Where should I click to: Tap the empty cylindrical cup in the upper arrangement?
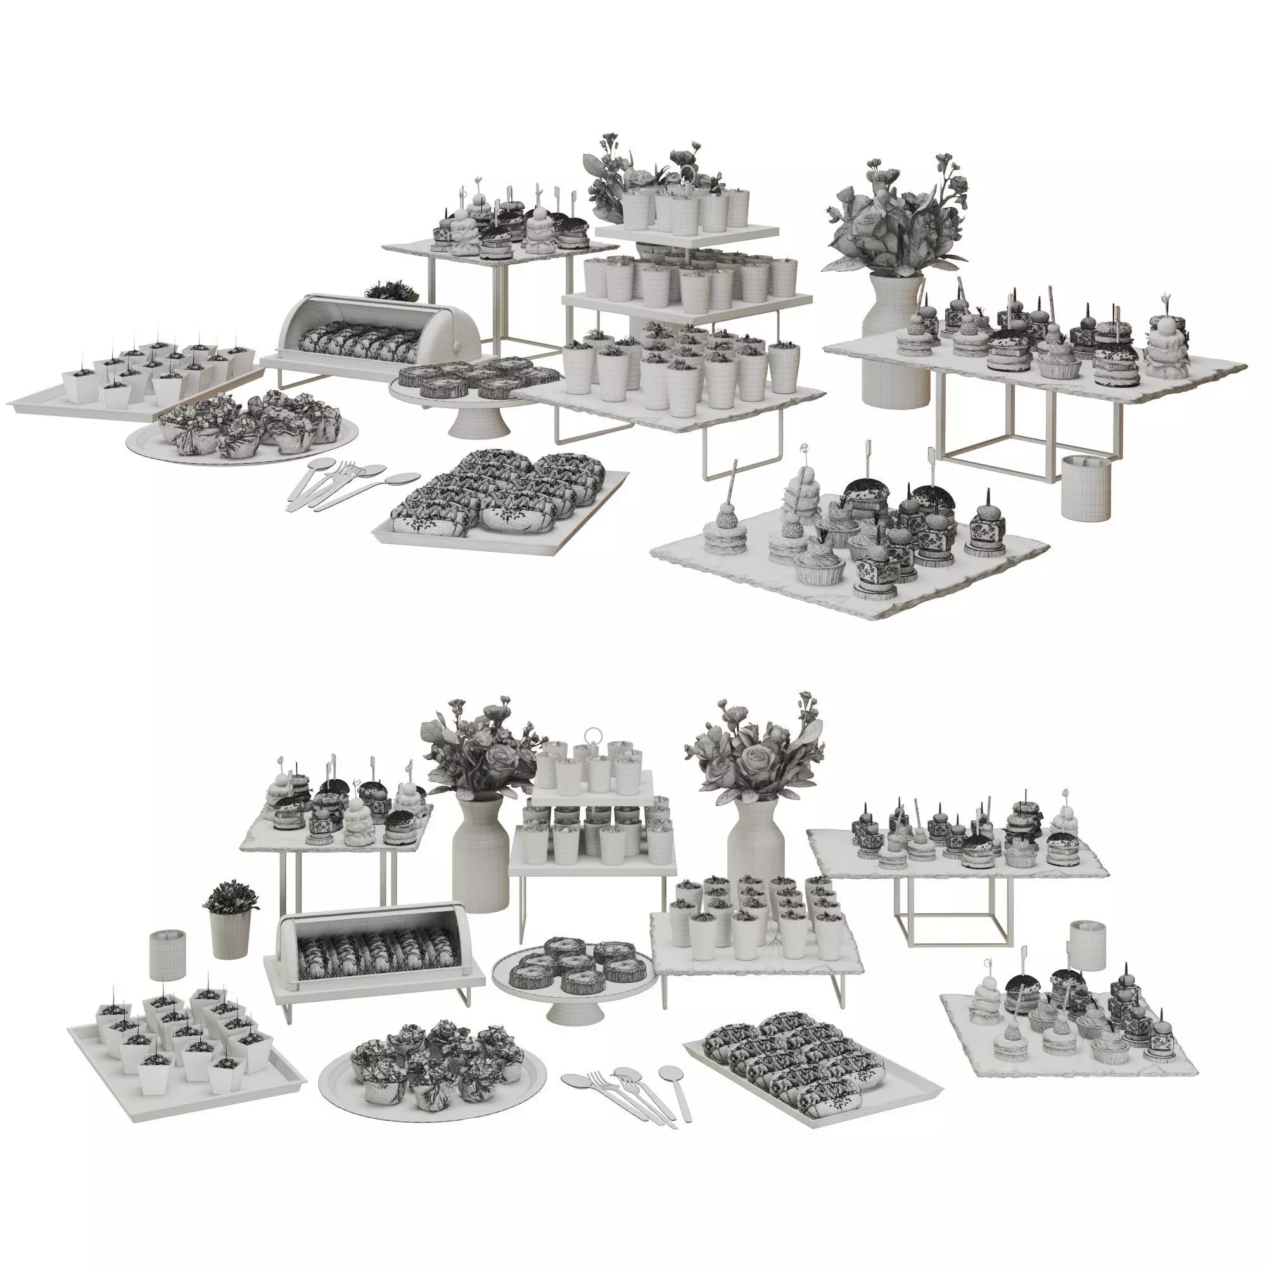[1086, 488]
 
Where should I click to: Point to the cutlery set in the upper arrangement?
[348, 483]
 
